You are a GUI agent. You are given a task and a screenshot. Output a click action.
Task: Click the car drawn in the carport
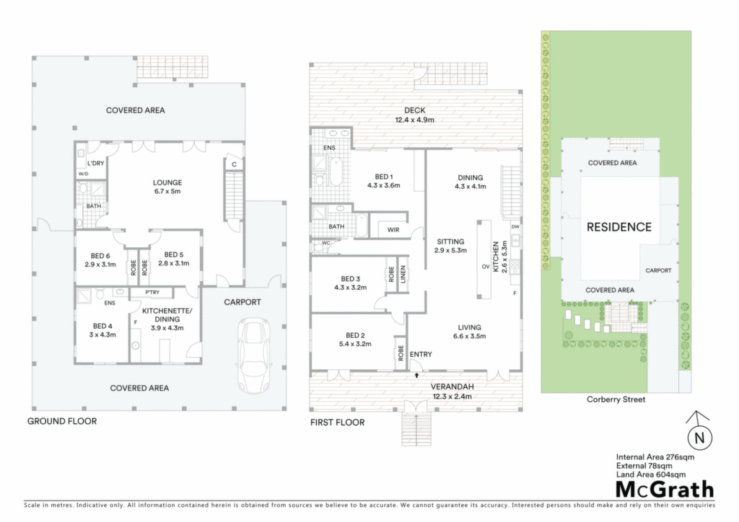[255, 355]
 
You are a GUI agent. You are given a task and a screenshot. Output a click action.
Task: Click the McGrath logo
[665, 490]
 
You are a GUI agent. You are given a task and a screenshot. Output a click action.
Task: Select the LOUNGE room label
[167, 182]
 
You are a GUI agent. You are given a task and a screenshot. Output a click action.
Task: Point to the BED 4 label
[102, 326]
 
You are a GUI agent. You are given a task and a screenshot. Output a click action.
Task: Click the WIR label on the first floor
[393, 230]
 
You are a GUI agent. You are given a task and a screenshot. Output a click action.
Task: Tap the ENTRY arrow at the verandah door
[416, 375]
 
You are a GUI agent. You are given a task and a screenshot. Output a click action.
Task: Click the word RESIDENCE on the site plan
[618, 227]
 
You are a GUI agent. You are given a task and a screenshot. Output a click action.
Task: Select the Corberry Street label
[616, 399]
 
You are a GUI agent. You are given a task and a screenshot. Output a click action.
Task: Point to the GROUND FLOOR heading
[62, 421]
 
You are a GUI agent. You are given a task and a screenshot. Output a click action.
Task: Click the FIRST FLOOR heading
[338, 423]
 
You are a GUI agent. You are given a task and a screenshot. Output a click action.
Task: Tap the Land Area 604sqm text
[651, 474]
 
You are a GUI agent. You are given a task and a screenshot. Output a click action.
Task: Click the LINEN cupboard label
[403, 274]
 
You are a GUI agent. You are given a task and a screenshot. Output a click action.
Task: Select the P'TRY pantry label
[152, 292]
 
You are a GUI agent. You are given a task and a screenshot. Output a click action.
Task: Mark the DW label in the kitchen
[515, 227]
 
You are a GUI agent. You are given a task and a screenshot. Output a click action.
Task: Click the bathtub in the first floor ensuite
[336, 172]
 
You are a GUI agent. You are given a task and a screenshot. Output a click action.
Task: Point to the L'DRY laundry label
[96, 164]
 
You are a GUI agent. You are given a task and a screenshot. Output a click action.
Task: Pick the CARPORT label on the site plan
[658, 270]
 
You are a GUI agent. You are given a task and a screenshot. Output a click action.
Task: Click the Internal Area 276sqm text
[655, 457]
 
